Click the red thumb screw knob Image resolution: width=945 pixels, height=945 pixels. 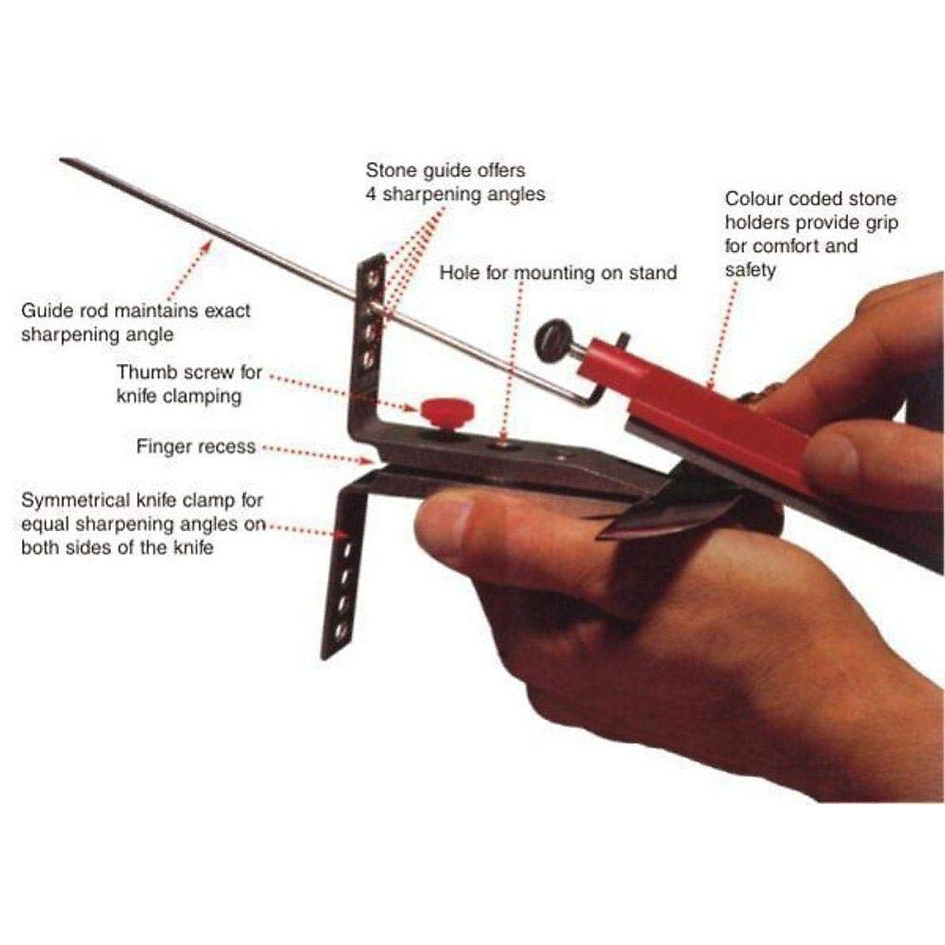447,409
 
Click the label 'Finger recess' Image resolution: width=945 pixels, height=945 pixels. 195,447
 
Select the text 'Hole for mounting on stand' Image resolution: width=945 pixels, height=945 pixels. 558,273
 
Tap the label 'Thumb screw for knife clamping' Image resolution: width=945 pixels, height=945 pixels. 189,384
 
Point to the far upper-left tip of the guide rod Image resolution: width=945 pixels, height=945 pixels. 63,160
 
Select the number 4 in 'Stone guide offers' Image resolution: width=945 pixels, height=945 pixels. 371,194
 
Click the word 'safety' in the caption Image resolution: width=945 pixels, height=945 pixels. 750,270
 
